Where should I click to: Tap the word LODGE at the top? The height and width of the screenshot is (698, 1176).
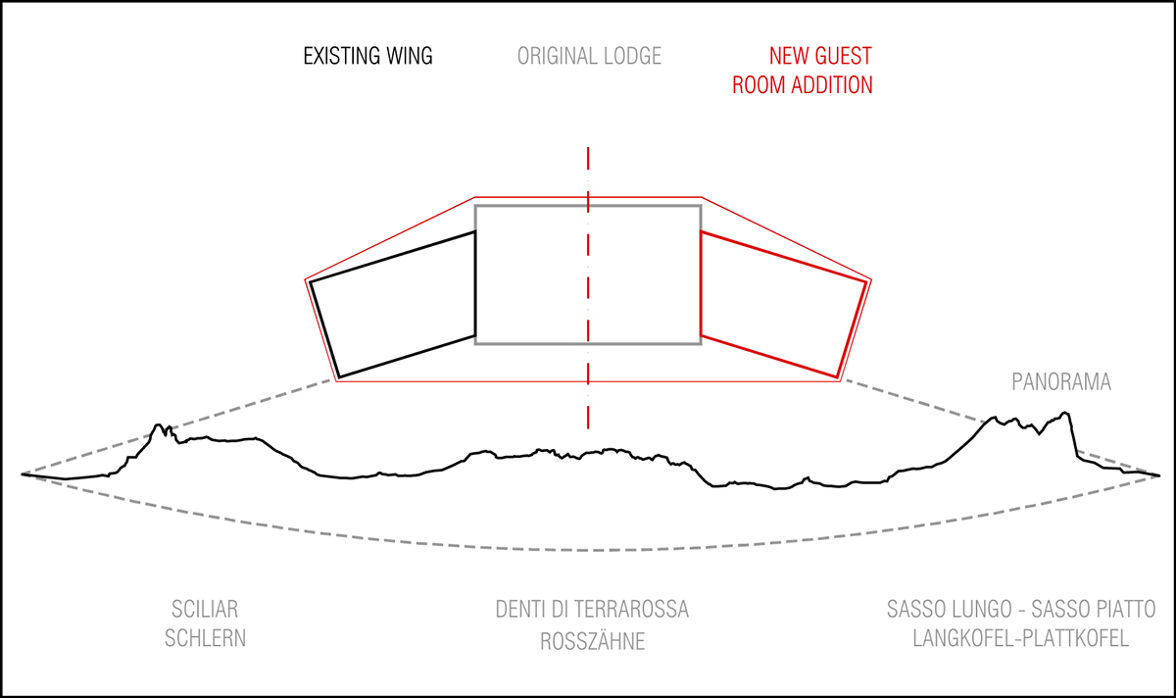coord(633,56)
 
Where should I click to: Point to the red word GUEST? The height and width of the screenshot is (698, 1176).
coord(843,56)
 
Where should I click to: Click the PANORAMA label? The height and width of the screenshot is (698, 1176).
coord(1061,382)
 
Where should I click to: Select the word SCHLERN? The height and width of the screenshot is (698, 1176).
coord(205,639)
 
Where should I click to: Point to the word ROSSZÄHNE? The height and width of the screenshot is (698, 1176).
coord(592,642)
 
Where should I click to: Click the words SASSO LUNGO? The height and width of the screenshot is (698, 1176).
coord(943,610)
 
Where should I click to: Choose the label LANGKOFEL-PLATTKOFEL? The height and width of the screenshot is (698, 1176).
coord(1020,639)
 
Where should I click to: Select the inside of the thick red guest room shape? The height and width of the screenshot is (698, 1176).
coord(779,304)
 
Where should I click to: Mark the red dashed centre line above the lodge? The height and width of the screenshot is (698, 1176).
coord(588,172)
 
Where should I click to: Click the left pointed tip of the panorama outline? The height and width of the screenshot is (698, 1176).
coord(23,474)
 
